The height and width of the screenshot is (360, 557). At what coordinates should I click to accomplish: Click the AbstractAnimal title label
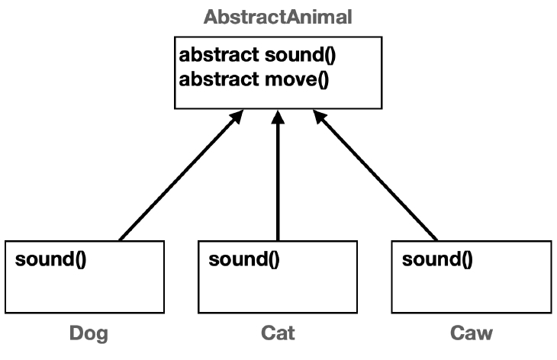(x=278, y=17)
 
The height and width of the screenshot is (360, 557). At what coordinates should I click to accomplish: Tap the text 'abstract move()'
(x=253, y=79)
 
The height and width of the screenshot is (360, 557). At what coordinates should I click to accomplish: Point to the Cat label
(x=278, y=333)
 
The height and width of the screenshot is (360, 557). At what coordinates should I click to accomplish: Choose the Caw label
(x=471, y=333)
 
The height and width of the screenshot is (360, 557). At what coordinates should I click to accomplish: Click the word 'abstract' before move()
(x=217, y=79)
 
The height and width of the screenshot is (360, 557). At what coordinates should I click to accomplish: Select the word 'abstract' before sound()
(x=217, y=56)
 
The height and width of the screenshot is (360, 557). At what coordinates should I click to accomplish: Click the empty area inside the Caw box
(x=471, y=290)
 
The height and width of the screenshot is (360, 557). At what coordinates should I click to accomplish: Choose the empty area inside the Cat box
(x=278, y=290)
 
